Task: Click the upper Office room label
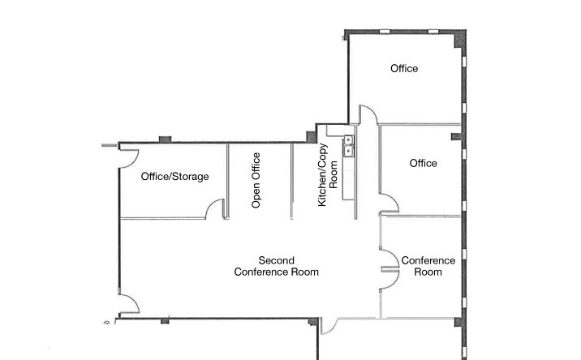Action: [404, 69]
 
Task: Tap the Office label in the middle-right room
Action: [423, 163]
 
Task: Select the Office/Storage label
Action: [174, 177]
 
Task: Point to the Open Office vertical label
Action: [256, 181]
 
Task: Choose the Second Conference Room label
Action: [276, 266]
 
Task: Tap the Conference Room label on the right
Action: [428, 266]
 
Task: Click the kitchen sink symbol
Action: [349, 145]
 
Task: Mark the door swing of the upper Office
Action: [367, 115]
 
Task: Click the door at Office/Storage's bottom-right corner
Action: [217, 209]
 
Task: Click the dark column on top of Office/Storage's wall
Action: [165, 139]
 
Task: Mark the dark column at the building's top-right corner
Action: [459, 36]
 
